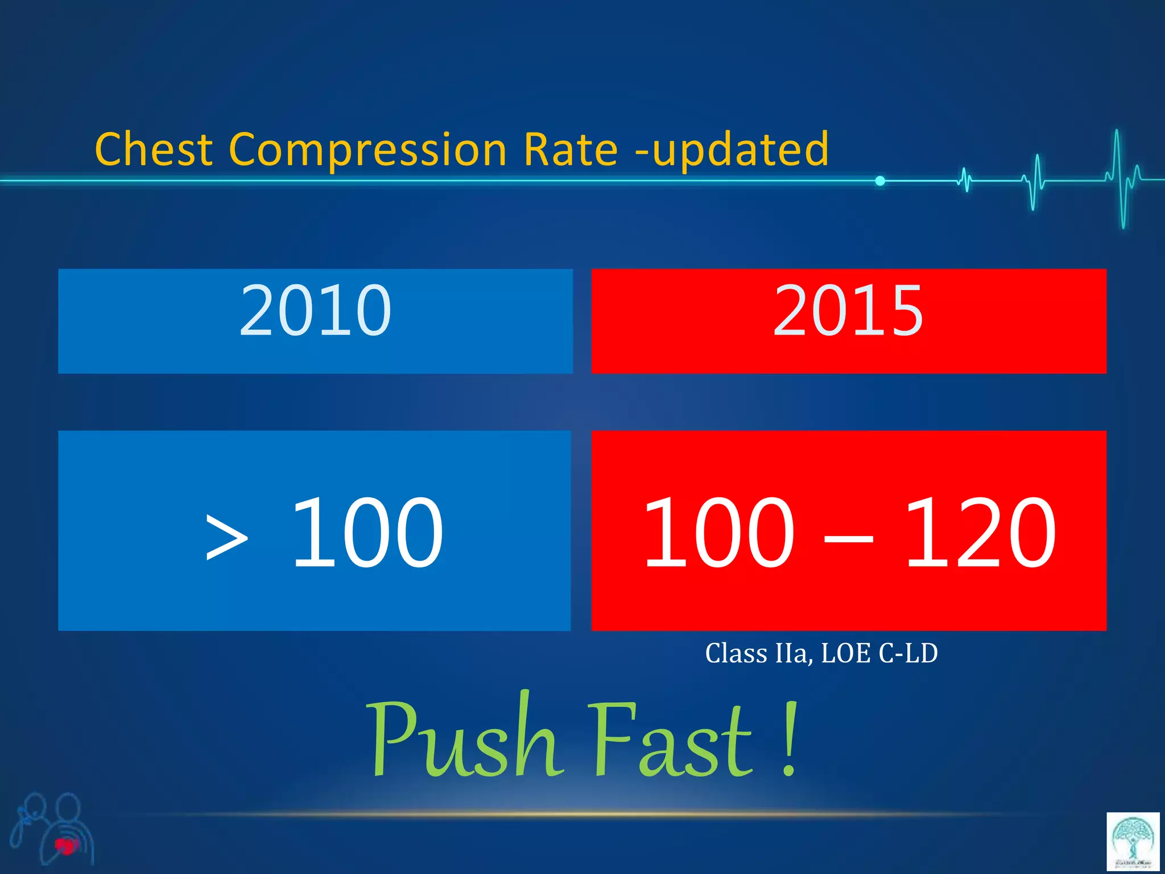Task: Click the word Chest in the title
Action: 154,149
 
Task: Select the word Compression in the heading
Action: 367,150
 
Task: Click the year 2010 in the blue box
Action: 315,311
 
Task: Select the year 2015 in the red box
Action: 848,311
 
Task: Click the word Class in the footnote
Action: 736,653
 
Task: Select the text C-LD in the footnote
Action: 908,653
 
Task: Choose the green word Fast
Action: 671,740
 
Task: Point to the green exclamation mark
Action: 789,740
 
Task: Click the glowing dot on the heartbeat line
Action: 880,181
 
